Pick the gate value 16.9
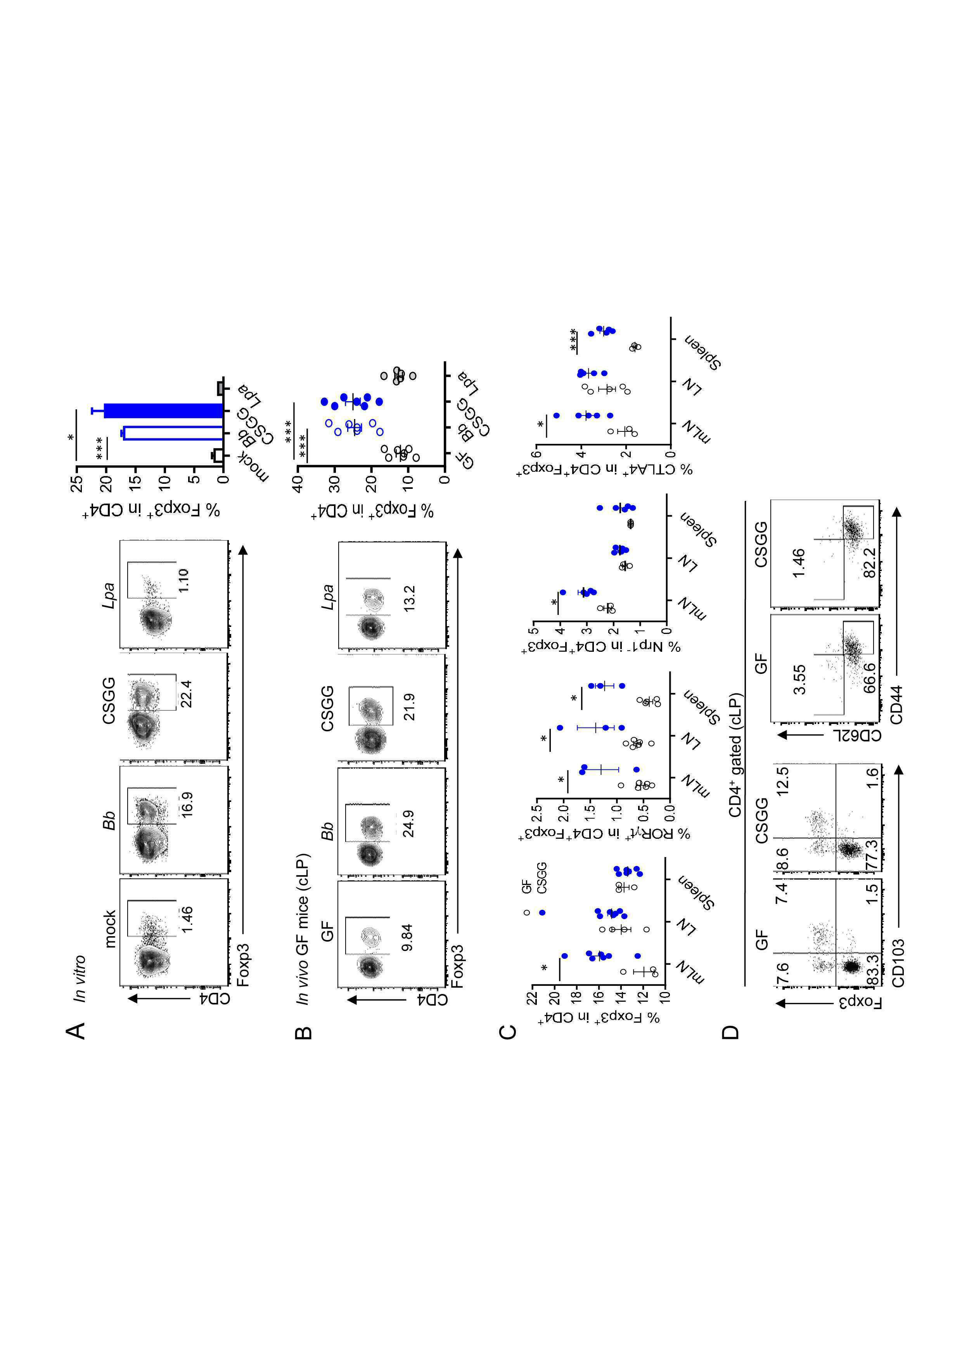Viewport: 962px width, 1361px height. point(187,804)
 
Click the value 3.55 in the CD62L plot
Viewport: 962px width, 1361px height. point(799,679)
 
